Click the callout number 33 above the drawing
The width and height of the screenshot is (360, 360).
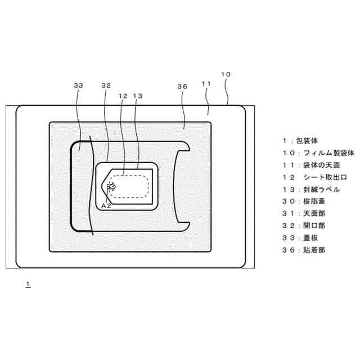tap(78, 85)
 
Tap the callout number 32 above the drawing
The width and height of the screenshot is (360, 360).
tap(106, 85)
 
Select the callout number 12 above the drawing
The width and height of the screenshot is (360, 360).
tap(123, 96)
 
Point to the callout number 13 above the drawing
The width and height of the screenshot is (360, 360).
tap(138, 96)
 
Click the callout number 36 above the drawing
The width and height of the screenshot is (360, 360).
tap(182, 87)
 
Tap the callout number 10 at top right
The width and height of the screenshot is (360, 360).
tap(226, 74)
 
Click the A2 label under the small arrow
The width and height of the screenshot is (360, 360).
tap(106, 206)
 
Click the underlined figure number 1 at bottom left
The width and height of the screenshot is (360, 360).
tap(28, 284)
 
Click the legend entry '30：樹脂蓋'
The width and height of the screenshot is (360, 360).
tap(304, 201)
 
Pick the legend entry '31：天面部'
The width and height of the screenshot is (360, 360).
tap(304, 213)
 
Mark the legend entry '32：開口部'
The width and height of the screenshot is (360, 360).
tap(304, 226)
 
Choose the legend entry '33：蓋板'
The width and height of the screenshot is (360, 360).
tap(300, 237)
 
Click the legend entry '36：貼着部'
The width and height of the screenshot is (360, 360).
tap(304, 250)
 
